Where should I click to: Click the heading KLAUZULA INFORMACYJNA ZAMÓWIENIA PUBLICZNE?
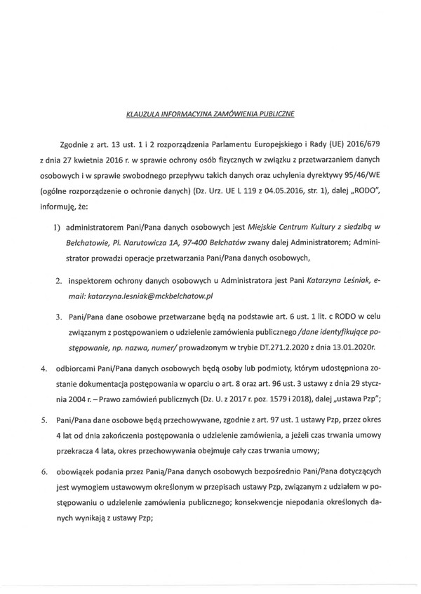210,111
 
